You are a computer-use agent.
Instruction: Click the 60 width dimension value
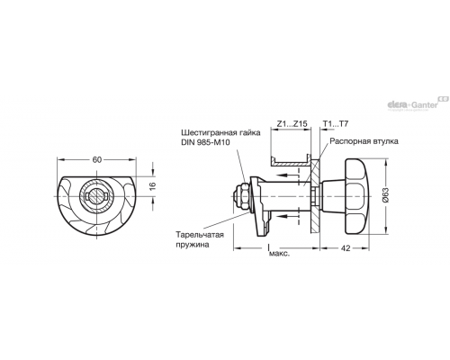click(x=97, y=160)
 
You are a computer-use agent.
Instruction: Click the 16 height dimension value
click(x=153, y=186)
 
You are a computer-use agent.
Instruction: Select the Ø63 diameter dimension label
click(x=386, y=195)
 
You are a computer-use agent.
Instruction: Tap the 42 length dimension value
click(x=346, y=248)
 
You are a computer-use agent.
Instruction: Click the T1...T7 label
click(x=336, y=124)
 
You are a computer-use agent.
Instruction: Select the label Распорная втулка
click(x=364, y=141)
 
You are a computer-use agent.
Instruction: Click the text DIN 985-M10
click(x=205, y=142)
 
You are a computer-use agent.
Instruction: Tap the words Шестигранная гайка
click(x=220, y=132)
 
